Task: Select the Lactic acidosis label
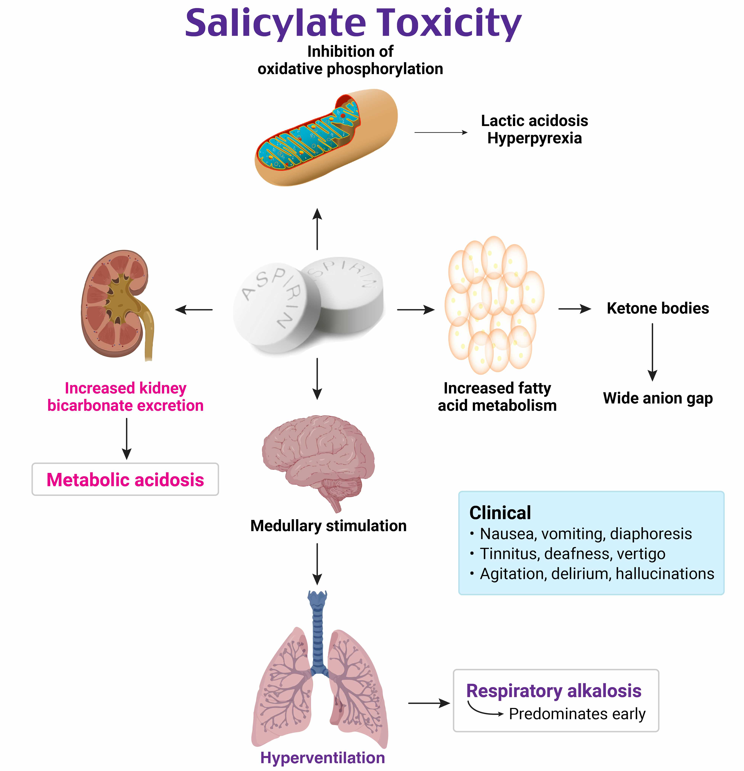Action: coord(534,121)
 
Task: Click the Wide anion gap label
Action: coord(657,398)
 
